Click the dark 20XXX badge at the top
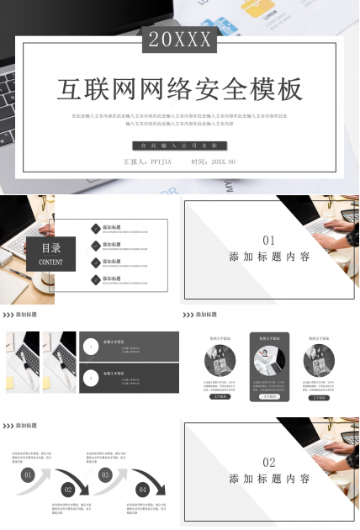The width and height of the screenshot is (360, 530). coord(180,39)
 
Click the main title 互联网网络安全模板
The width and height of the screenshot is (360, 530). coord(180,89)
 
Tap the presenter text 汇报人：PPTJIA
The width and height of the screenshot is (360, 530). coord(147,162)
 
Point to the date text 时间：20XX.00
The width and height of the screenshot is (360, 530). coord(213,162)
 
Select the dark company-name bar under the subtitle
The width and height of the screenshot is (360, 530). coord(180,146)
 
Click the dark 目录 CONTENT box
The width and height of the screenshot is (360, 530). coord(51,253)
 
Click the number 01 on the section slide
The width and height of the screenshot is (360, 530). coord(269,240)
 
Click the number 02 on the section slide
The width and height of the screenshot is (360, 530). coord(269,462)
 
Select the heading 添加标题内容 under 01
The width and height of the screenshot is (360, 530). coord(269,257)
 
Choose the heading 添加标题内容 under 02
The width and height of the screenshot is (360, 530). coord(269,479)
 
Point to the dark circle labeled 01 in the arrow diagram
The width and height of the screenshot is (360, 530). coord(28,475)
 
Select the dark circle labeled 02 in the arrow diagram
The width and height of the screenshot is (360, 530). coord(68,489)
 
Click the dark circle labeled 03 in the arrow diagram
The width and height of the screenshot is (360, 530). coord(106,475)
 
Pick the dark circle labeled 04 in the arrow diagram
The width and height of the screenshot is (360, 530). coord(143,489)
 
